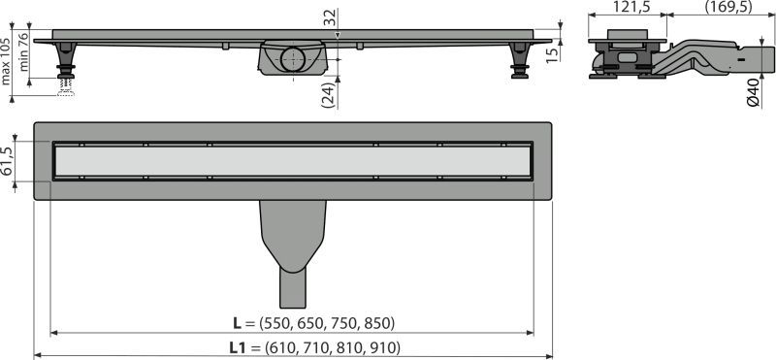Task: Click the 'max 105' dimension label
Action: pos(6,61)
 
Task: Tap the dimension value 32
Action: pos(330,17)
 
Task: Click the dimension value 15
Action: pos(554,51)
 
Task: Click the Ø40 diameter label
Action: pos(754,93)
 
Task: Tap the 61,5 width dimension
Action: pos(7,161)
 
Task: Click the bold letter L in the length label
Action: pos(237,323)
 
